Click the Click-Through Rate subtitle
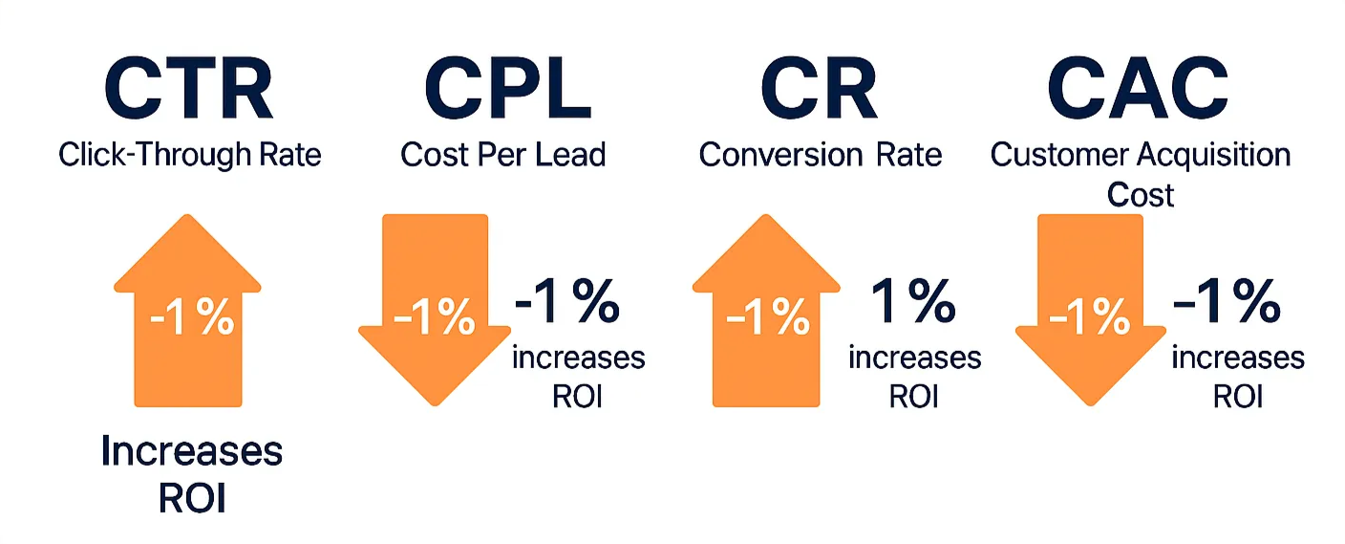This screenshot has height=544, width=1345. coord(190,154)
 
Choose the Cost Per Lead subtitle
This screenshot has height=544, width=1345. coord(503,154)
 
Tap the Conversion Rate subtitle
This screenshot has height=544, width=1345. coord(820,154)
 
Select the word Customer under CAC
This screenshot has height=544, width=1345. coord(1061,154)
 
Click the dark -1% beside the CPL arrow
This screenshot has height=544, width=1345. coord(567,302)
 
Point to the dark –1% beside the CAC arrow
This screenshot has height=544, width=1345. coord(1228,302)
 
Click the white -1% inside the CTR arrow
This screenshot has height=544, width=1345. coord(191,318)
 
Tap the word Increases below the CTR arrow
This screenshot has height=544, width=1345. coord(191,451)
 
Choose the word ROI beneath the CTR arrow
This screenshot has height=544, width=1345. coord(191,498)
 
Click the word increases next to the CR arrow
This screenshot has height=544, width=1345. coord(914,358)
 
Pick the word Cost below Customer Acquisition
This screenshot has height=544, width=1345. coord(1140,195)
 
